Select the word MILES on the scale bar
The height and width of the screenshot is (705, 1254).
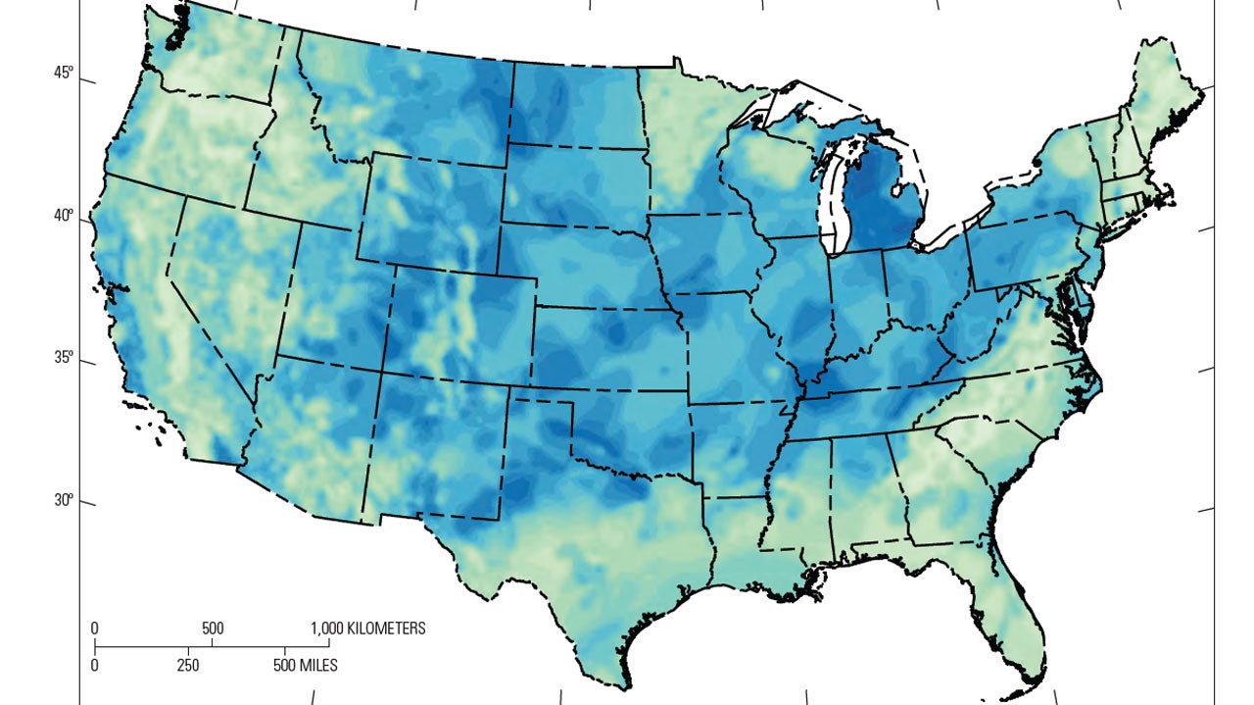313,665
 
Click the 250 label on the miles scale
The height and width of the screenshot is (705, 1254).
188,665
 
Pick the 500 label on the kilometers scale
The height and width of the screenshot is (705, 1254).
213,629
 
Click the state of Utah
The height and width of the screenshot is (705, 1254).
333,294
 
